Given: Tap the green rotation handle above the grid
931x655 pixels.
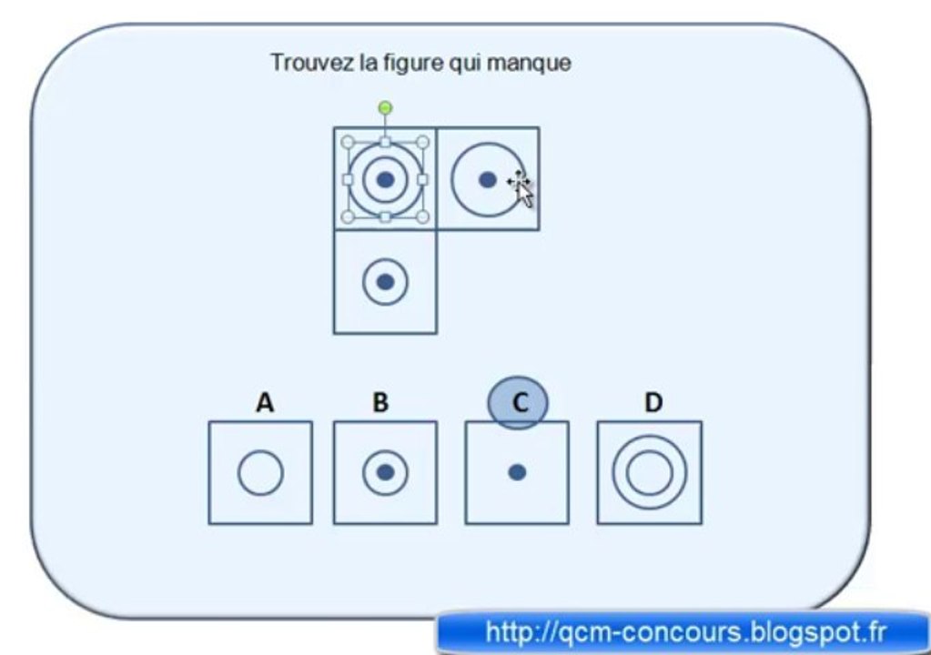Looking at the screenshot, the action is pyautogui.click(x=385, y=108).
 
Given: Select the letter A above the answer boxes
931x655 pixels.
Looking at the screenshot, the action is pyautogui.click(x=265, y=402).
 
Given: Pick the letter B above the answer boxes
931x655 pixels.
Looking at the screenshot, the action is pyautogui.click(x=380, y=402).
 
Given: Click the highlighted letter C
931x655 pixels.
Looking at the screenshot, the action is pyautogui.click(x=520, y=403).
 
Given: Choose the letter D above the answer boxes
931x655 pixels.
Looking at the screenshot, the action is pyautogui.click(x=653, y=402).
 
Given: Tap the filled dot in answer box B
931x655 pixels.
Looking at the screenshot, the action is pyautogui.click(x=385, y=472).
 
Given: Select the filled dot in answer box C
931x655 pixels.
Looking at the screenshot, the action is pyautogui.click(x=517, y=472).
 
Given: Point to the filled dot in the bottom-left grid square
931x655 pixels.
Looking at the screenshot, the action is pyautogui.click(x=385, y=282).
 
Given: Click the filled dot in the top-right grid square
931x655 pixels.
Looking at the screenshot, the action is pyautogui.click(x=488, y=179).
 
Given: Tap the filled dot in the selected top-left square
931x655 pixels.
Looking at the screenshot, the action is pyautogui.click(x=385, y=179).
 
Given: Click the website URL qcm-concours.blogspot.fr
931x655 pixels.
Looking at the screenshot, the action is pyautogui.click(x=686, y=632).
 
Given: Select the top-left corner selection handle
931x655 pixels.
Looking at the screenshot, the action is pyautogui.click(x=349, y=143).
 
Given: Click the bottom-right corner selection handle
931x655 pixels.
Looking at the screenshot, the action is pyautogui.click(x=422, y=217).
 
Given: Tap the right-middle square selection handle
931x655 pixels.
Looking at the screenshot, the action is pyautogui.click(x=422, y=180).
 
